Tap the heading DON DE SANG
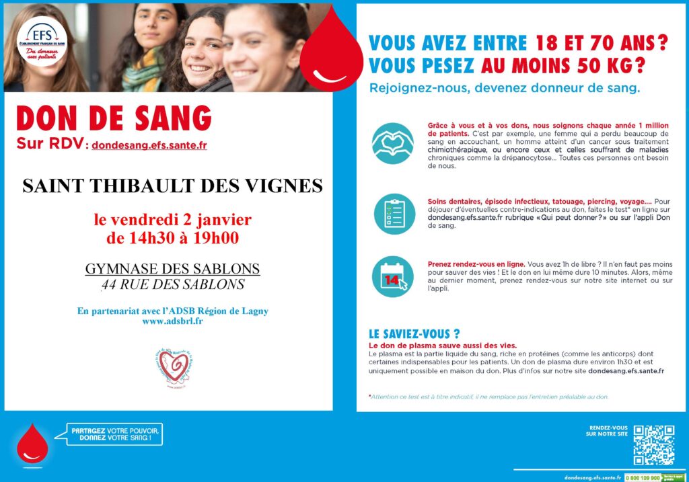(114, 120)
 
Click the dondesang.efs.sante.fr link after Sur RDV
(149, 145)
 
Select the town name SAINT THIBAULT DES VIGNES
(172, 186)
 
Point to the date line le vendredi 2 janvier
(172, 220)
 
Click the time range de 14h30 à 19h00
(172, 237)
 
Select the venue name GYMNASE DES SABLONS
(172, 269)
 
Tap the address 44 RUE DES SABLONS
(172, 284)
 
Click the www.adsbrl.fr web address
(173, 321)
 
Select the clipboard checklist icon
(394, 213)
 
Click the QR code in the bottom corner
(653, 444)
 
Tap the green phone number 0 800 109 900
(643, 477)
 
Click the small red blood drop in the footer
(32, 444)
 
